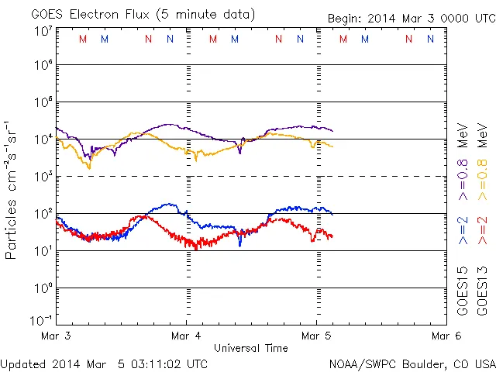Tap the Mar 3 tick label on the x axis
(x=57, y=336)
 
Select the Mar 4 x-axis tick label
(x=187, y=336)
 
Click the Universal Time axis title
(x=251, y=348)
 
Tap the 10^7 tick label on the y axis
(x=43, y=30)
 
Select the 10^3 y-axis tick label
(x=43, y=177)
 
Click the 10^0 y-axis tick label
(x=43, y=288)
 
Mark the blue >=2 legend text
(x=462, y=231)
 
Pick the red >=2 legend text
(x=482, y=231)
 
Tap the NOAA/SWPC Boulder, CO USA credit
(x=412, y=363)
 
